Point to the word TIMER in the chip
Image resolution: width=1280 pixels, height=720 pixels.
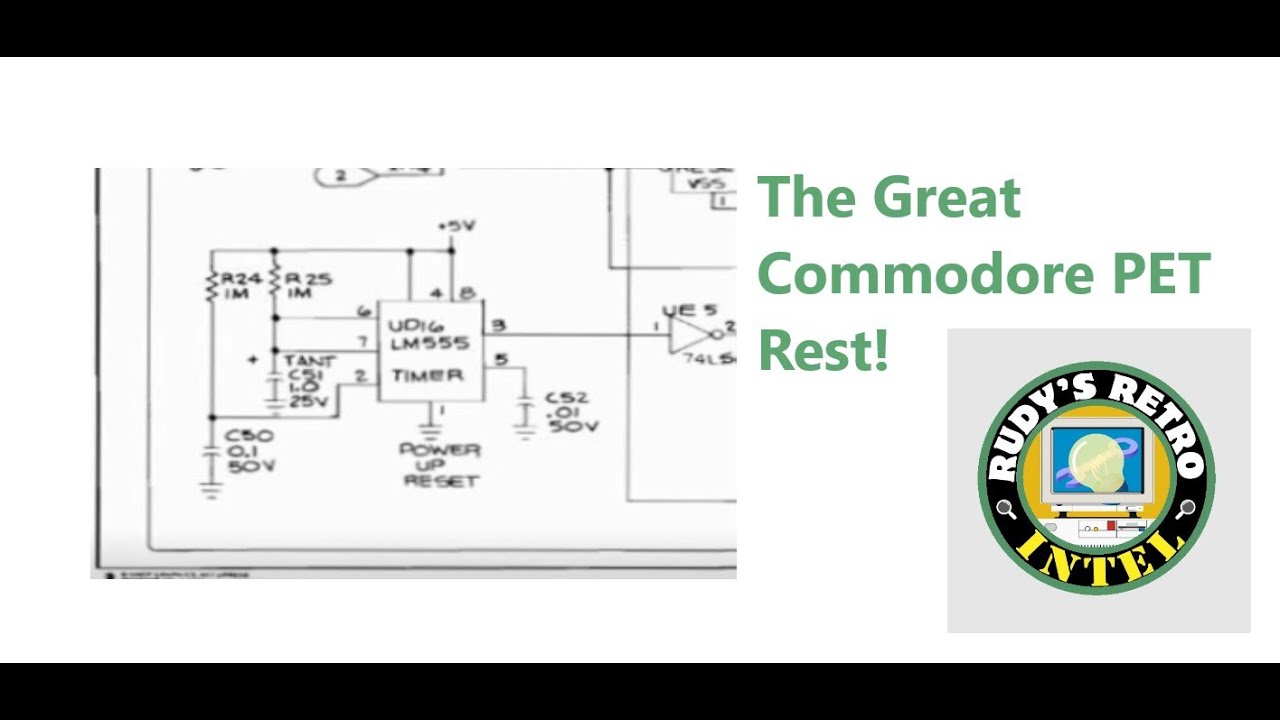coord(428,376)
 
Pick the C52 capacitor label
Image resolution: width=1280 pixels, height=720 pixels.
coord(566,398)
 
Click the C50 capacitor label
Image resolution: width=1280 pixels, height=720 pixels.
coord(249,436)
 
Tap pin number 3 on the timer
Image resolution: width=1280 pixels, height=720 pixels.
coord(498,325)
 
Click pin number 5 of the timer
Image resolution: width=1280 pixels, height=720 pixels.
coord(500,359)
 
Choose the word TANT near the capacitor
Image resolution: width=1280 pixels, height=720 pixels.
coord(310,360)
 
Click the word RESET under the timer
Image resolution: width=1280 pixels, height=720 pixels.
coord(441,481)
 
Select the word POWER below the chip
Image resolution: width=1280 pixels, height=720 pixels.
coord(440,450)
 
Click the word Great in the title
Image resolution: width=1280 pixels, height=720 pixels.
coord(946,197)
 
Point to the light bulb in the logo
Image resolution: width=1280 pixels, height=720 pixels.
coord(1098,461)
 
